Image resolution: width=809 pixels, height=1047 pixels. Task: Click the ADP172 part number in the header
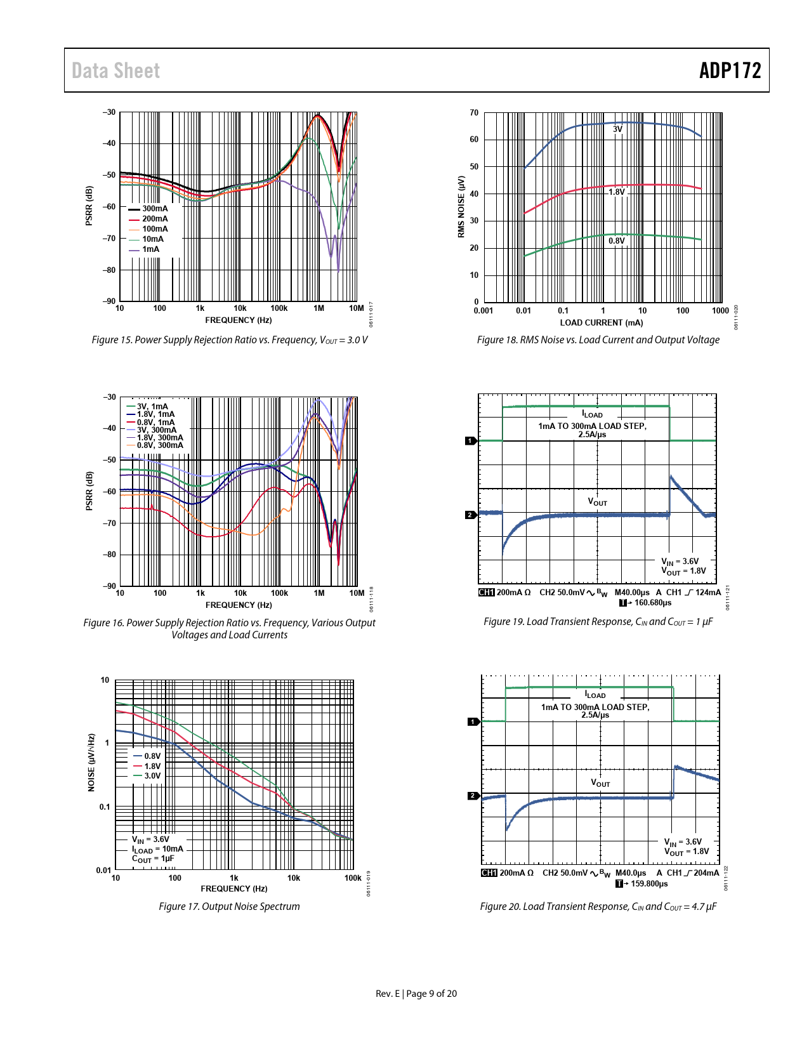tap(730, 70)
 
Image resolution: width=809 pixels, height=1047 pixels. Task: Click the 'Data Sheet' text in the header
tap(115, 71)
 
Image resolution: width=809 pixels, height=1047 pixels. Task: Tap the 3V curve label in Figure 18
tap(617, 129)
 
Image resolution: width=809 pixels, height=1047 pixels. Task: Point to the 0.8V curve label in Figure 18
tap(616, 241)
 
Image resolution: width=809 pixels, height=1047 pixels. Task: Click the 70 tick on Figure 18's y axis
tap(474, 113)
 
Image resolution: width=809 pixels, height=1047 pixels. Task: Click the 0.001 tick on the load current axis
tap(483, 311)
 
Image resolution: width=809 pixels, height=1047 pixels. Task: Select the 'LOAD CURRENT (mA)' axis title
tap(601, 322)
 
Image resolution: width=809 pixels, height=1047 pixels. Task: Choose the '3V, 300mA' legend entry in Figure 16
tap(157, 430)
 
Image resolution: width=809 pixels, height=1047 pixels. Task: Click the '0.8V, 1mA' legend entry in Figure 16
tap(155, 423)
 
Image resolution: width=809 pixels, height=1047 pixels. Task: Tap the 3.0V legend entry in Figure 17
tap(152, 776)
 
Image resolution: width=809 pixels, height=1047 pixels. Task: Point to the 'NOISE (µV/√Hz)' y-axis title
tap(91, 763)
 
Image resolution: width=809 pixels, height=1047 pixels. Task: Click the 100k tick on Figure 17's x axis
tap(353, 878)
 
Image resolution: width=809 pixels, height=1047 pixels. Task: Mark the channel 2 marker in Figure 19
tap(470, 515)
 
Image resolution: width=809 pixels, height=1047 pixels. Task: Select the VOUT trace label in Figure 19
tap(597, 502)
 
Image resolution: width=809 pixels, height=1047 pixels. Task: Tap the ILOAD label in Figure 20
tap(595, 695)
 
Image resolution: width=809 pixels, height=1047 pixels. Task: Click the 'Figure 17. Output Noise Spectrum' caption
tap(229, 906)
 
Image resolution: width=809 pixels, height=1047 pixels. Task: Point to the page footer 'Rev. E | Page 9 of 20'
tap(416, 994)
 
